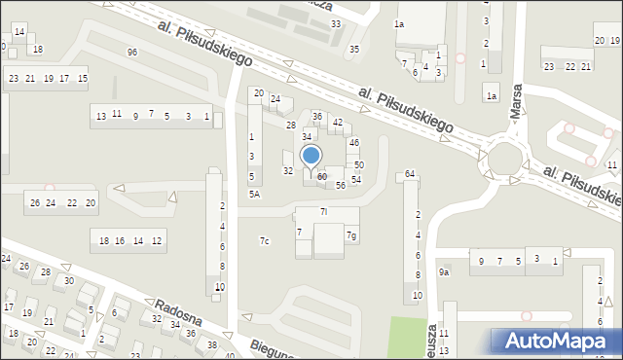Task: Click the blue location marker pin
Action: (311, 158)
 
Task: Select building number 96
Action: (131, 52)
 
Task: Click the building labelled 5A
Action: (254, 195)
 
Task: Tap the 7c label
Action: (264, 240)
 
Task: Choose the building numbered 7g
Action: (351, 235)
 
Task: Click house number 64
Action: (410, 173)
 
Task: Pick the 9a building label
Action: (443, 272)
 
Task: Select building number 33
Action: (336, 23)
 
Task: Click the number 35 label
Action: (354, 49)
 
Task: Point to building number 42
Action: (338, 123)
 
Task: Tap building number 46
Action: (354, 142)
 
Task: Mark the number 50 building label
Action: (358, 165)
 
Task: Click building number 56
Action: (341, 185)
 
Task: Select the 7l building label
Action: (324, 211)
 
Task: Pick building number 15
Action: (83, 78)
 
